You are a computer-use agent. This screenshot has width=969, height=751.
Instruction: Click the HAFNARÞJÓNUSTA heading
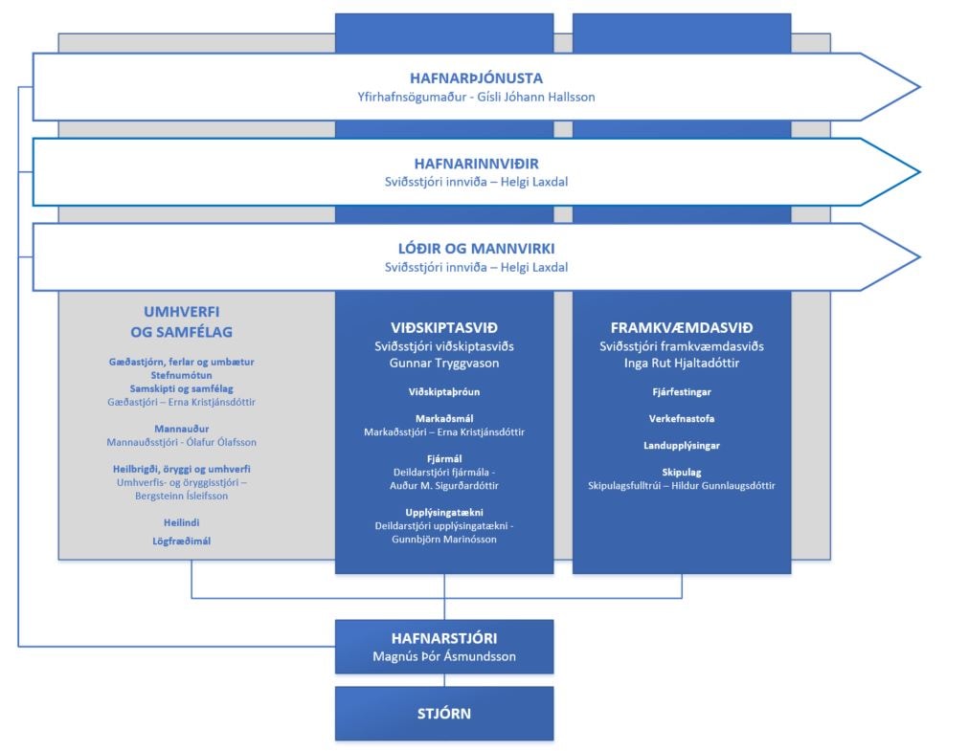[x=476, y=78]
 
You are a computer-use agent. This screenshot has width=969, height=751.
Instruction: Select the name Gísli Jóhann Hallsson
[x=536, y=97]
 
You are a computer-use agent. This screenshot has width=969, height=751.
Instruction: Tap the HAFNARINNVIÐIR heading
[x=476, y=164]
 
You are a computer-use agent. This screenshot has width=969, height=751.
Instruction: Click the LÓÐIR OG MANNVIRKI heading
[x=476, y=249]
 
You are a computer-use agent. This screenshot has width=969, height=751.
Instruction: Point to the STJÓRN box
[x=443, y=714]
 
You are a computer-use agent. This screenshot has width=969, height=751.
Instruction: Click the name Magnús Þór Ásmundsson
[x=443, y=656]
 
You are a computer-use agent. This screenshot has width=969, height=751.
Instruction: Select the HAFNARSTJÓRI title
[x=443, y=638]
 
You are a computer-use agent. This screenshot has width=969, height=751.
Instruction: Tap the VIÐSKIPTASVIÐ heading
[x=443, y=327]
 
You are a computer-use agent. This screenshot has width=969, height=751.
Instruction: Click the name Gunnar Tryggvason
[x=443, y=364]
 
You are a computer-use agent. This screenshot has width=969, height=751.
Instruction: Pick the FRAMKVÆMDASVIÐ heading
[x=682, y=327]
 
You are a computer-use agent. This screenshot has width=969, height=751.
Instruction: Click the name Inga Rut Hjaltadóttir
[x=682, y=364]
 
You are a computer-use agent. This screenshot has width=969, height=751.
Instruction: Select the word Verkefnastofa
[x=682, y=419]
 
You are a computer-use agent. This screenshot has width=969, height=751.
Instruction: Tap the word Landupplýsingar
[x=682, y=445]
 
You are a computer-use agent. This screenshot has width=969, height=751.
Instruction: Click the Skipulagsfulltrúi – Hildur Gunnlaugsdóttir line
[x=682, y=486]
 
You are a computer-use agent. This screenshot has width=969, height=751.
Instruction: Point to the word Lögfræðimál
[x=182, y=541]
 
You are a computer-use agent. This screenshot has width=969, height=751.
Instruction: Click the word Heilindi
[x=182, y=522]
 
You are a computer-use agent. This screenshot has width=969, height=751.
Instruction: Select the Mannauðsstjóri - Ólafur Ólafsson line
[x=182, y=442]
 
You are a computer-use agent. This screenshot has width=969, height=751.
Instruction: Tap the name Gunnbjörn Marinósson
[x=443, y=540]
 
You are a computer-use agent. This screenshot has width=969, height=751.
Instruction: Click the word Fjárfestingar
[x=682, y=392]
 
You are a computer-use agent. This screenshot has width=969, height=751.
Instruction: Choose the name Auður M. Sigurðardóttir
[x=443, y=485]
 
